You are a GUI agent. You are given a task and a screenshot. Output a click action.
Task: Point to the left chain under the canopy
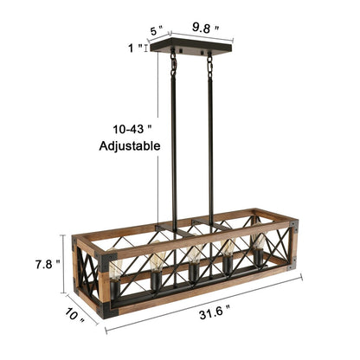[173, 61]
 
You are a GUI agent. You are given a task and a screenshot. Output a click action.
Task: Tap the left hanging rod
[173, 147]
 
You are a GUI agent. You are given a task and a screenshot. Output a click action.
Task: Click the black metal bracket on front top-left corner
[109, 257]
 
